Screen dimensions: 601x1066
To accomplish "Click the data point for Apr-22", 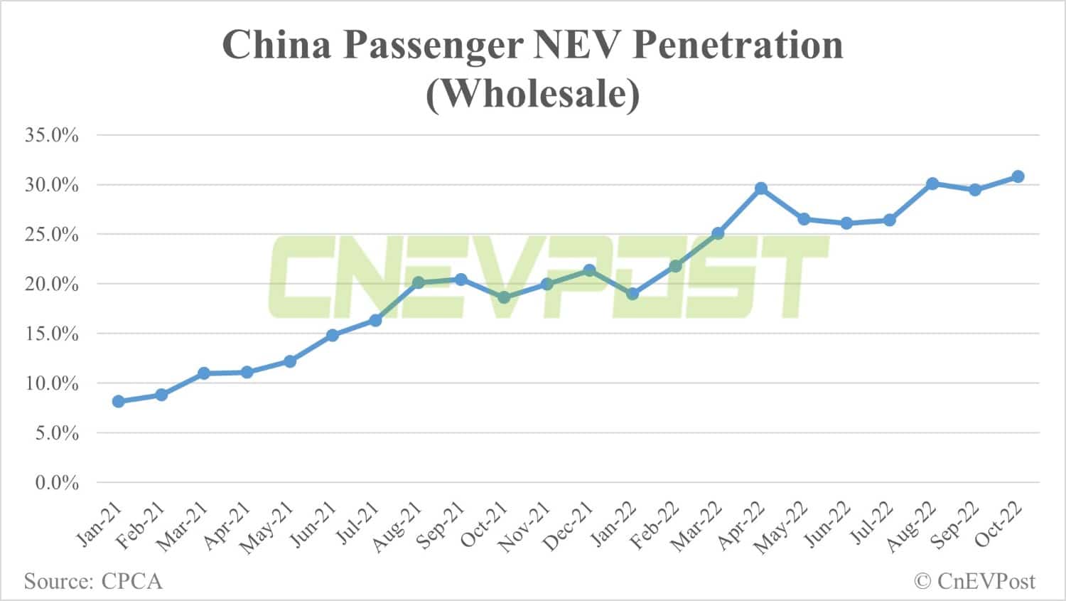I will [x=761, y=188].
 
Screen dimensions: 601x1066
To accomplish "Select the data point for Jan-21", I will [x=119, y=401].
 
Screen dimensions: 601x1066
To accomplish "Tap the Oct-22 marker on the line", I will [x=1018, y=176].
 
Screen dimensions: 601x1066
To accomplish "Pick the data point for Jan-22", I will [x=632, y=294].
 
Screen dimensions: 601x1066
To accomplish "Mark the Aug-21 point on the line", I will [x=419, y=282].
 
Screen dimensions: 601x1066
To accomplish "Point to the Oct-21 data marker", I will [x=504, y=297].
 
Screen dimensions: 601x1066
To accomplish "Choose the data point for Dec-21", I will [x=589, y=270].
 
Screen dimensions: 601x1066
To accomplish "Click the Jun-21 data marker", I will [x=333, y=335].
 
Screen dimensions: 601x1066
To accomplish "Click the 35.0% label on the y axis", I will [x=52, y=135].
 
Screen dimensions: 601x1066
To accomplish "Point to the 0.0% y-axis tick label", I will [x=57, y=483].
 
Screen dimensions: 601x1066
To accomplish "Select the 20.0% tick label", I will [x=52, y=284].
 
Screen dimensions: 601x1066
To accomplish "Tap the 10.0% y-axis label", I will [x=52, y=383].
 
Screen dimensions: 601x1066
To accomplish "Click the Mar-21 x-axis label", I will [x=182, y=527].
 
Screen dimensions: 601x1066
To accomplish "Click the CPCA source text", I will [x=132, y=581].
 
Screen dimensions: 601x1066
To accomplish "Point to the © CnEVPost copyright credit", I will [x=974, y=581].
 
